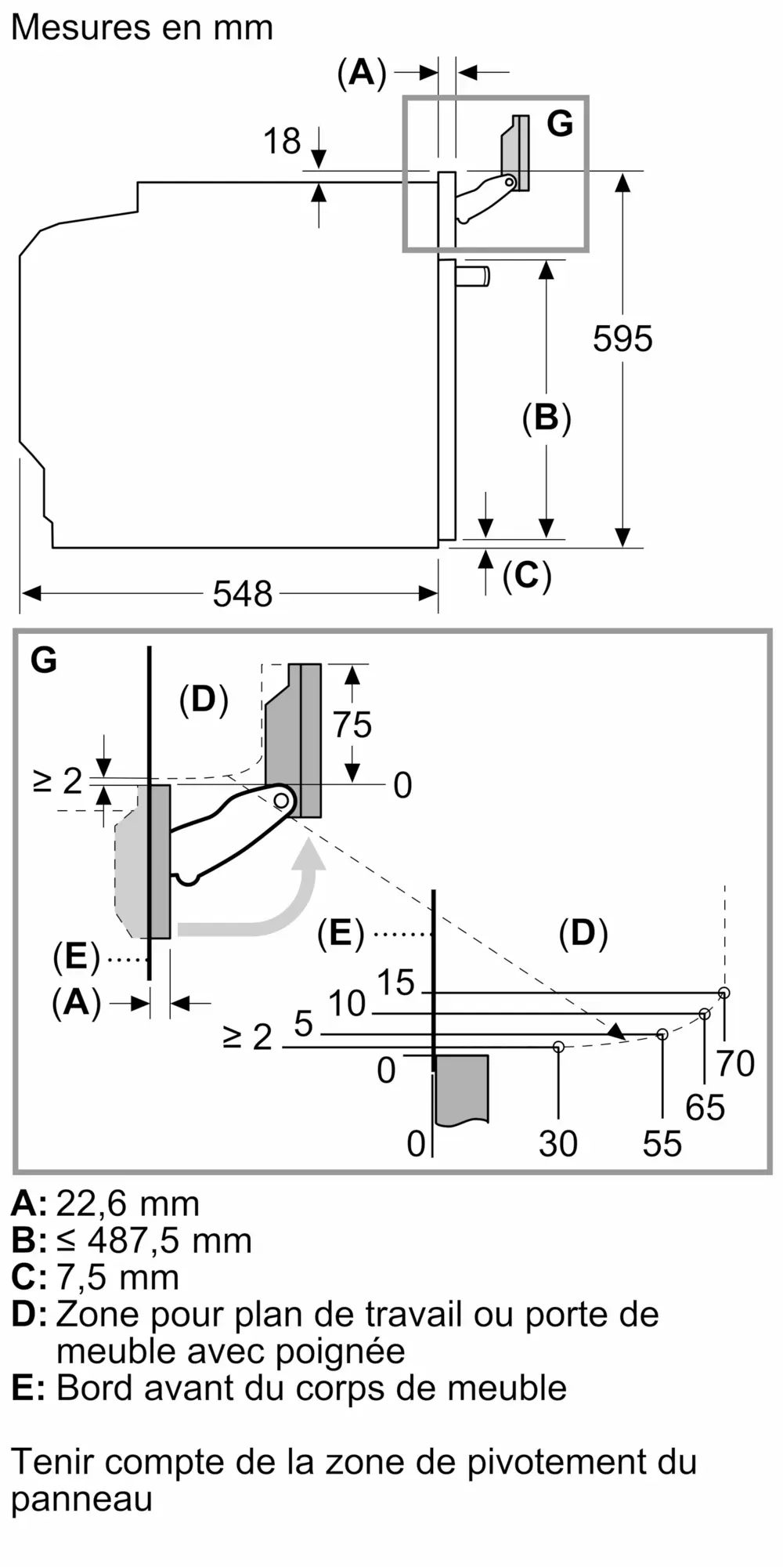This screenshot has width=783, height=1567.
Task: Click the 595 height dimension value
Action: tap(622, 339)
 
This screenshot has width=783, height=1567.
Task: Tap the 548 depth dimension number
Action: tap(243, 594)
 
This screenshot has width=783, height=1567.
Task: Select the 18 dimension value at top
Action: tap(282, 142)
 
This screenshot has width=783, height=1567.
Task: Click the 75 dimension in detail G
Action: tap(352, 725)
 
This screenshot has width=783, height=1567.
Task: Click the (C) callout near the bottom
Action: tap(527, 576)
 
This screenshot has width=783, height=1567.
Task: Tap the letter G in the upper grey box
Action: tap(560, 124)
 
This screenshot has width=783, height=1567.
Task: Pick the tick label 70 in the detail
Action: tap(735, 1063)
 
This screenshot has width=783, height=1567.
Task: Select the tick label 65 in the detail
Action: tap(705, 1108)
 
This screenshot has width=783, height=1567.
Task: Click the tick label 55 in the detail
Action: tap(662, 1144)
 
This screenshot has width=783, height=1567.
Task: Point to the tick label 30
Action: tap(558, 1144)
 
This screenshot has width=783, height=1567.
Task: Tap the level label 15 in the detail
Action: tap(395, 983)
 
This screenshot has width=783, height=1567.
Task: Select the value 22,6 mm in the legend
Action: tap(128, 1204)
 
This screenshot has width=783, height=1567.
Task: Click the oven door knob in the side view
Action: tap(474, 277)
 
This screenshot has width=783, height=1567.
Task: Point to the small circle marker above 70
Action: tap(724, 993)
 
